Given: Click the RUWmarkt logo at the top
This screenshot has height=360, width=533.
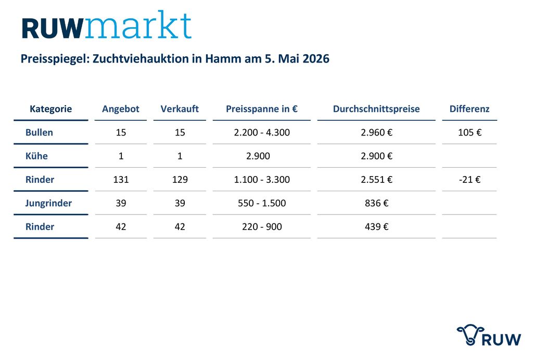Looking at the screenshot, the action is [107, 25].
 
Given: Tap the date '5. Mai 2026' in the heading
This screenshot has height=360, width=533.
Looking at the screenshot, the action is [297, 58].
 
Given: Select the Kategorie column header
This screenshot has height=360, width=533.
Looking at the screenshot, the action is [50, 109].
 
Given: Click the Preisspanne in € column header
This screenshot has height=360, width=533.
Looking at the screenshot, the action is [262, 109].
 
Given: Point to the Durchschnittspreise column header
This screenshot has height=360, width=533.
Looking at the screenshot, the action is [376, 109].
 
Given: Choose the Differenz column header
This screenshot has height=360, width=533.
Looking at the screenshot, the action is [469, 109].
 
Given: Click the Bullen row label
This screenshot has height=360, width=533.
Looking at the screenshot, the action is [39, 132].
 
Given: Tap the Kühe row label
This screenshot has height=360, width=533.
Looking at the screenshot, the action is [36, 156].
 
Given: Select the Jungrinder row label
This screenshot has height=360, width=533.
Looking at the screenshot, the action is [48, 203].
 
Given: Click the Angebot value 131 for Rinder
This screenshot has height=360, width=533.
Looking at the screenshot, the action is [121, 179].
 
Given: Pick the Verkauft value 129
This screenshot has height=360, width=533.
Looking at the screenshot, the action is [180, 179].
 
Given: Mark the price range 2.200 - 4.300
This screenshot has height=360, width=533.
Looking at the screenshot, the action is [262, 132].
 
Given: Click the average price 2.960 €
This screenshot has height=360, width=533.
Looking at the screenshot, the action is [376, 132].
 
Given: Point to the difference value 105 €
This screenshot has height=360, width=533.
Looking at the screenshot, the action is [469, 132].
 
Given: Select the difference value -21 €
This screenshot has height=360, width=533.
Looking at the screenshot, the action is [469, 179].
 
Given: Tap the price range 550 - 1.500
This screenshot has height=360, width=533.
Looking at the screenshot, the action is [262, 203].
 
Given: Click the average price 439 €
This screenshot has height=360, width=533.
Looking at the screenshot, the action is [376, 227].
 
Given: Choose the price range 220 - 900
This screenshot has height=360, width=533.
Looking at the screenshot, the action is [262, 227].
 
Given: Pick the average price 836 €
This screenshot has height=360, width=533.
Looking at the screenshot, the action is [376, 203].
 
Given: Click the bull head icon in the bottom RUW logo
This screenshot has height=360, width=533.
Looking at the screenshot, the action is [470, 334].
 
